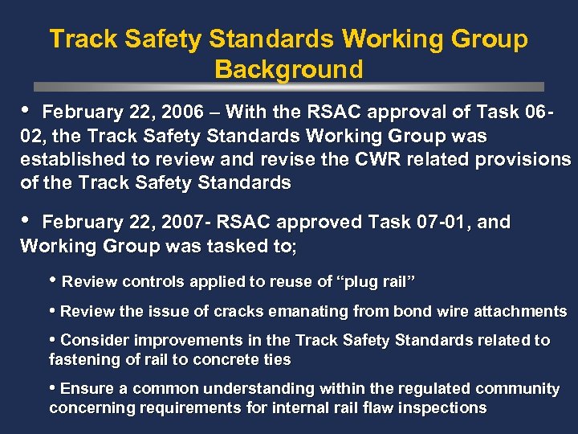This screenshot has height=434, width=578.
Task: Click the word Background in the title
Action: tap(288, 69)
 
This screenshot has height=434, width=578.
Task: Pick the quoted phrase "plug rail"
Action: tap(377, 282)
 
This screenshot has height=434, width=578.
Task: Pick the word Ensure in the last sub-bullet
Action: tap(87, 388)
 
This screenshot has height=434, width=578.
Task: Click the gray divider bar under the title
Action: tap(288, 87)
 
